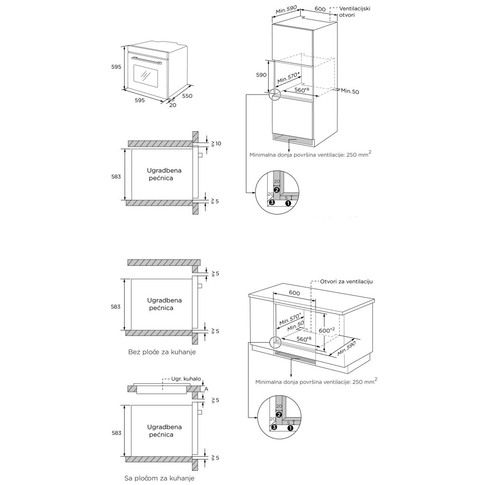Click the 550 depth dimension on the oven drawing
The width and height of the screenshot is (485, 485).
[188, 96]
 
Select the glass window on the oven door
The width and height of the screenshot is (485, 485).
[145, 75]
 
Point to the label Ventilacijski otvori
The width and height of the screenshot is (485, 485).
[354, 12]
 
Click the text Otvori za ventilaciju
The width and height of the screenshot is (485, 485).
[347, 281]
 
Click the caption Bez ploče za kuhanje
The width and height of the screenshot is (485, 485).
[162, 352]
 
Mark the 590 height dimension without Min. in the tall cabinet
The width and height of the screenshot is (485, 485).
[261, 75]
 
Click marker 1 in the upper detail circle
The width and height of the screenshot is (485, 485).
[288, 203]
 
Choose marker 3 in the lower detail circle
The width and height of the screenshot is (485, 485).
[274, 427]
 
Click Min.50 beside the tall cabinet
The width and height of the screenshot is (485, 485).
[350, 91]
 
